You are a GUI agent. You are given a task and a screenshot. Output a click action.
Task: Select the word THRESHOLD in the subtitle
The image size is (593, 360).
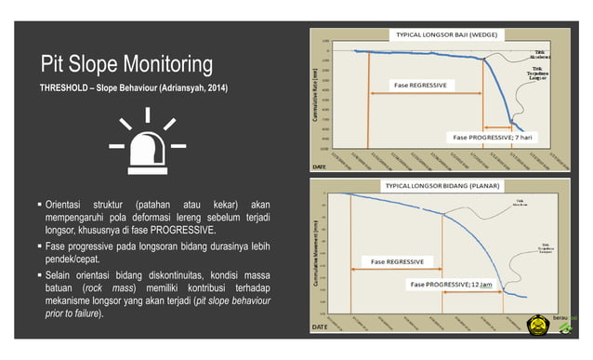[64, 88]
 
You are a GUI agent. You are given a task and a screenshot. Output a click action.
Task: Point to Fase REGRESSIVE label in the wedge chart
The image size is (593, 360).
[420, 85]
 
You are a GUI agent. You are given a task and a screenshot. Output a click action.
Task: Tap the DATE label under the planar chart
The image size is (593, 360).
[319, 327]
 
